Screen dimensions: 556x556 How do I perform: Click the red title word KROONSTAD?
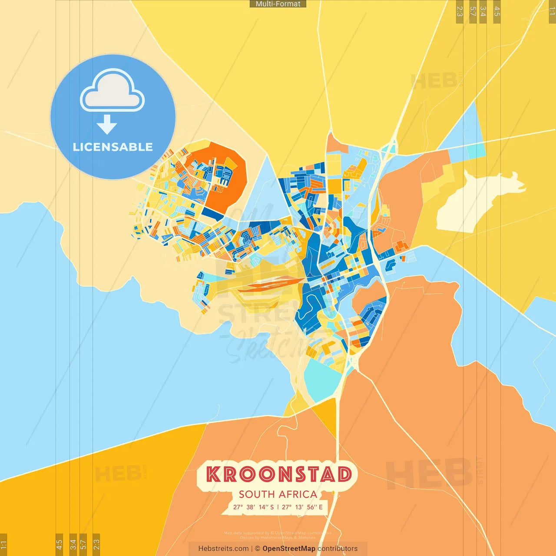coord(278,474)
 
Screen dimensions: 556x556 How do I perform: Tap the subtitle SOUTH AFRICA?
coord(278,494)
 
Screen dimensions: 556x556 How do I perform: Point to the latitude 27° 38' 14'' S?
coord(253,507)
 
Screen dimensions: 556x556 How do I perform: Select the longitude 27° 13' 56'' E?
coord(302,507)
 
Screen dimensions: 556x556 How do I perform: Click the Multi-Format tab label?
coord(278,4)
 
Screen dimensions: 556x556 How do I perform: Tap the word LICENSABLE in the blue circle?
coord(113,147)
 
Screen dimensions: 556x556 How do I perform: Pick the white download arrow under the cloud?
coord(107,124)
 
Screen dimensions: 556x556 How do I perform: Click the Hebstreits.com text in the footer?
coord(223,549)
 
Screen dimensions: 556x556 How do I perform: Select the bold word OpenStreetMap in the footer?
coord(289,549)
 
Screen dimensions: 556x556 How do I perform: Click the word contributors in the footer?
coord(338,549)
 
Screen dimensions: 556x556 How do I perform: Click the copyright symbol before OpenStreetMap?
coord(258,549)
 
